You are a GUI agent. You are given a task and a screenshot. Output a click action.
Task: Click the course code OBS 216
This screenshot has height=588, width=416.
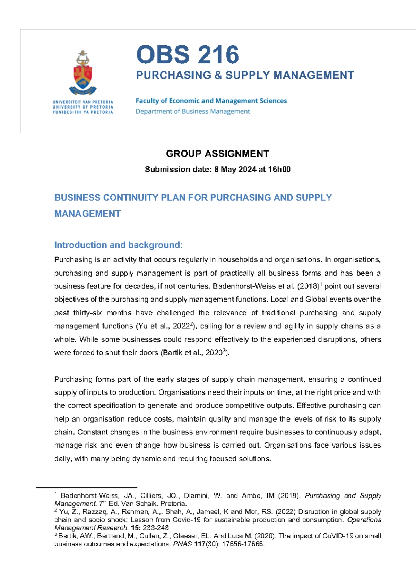(x=187, y=55)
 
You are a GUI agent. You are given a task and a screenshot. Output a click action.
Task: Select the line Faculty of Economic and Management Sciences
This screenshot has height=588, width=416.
(x=211, y=101)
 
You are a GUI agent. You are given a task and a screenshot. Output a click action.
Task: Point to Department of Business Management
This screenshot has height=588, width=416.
(x=192, y=111)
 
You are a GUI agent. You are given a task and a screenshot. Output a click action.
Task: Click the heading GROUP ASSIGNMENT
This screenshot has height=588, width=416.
(x=217, y=154)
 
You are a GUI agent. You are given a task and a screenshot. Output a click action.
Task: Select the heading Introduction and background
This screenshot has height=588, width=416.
(x=118, y=245)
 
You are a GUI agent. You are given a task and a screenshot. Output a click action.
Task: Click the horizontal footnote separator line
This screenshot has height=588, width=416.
(x=87, y=488)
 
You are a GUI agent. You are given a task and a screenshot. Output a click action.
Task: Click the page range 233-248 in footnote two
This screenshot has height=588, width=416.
(x=155, y=528)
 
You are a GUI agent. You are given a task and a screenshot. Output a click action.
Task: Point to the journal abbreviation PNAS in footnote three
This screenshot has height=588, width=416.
(x=182, y=544)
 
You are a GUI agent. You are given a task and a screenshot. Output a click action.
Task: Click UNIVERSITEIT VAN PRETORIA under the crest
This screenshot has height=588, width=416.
(x=83, y=102)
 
